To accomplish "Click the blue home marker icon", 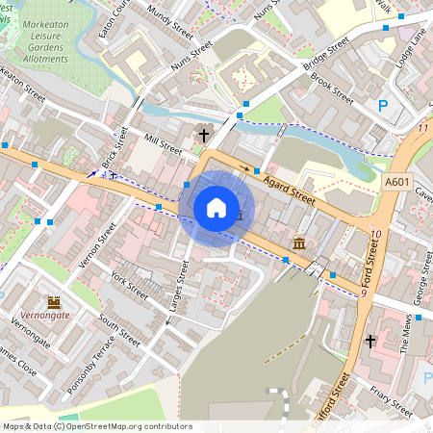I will (216, 207).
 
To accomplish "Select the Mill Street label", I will (162, 144).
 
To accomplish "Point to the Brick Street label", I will (114, 150).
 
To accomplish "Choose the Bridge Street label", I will (327, 58).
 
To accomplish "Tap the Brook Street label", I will (333, 85).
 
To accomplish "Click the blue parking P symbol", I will (383, 107).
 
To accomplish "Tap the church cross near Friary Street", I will (369, 341).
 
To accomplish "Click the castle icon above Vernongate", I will (53, 301).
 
